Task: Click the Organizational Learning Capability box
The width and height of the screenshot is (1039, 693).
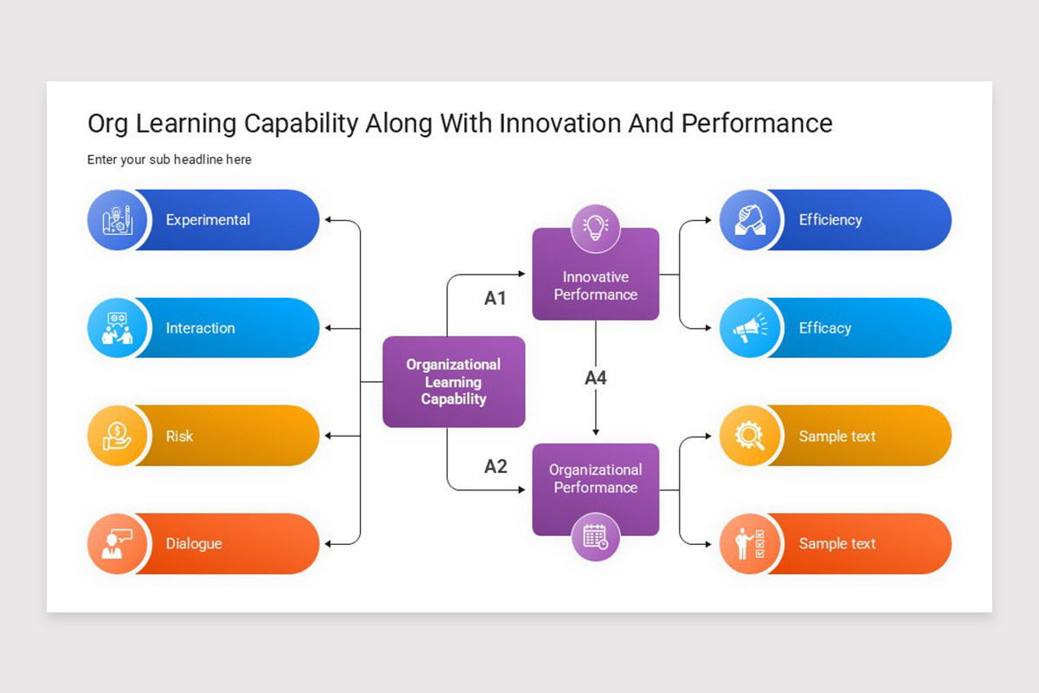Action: pos(454,382)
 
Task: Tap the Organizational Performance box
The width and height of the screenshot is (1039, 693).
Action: pos(596,479)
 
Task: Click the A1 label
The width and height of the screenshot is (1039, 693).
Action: pos(495,299)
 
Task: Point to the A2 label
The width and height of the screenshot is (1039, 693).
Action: pos(495,467)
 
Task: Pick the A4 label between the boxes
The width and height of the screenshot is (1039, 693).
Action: pos(596,378)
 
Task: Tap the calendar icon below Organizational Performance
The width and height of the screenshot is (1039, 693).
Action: pos(596,536)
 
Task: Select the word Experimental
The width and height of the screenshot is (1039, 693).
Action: pos(208,220)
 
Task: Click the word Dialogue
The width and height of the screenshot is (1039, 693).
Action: pos(194,544)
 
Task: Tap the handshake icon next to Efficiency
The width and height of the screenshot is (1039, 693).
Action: pos(749,220)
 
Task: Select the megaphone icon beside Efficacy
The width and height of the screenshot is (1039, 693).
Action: pos(749,328)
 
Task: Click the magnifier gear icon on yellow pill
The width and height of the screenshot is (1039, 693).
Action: pos(749,436)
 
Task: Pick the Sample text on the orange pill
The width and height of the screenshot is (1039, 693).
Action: pos(837,544)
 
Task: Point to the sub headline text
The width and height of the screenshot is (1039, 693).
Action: pos(170,159)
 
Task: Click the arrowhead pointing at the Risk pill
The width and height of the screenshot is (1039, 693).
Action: pos(329,436)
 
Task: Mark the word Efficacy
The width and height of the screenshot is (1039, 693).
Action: pos(825,328)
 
